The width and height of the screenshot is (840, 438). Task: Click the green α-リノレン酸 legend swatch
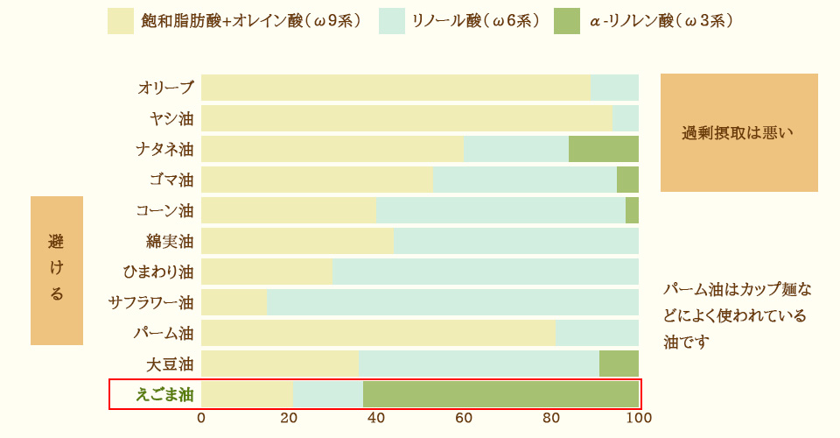tap(567, 21)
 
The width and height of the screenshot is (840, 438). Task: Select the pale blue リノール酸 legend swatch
tap(392, 21)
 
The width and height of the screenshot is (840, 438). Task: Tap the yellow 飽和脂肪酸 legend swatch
tap(121, 21)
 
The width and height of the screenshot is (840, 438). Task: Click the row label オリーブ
tap(165, 88)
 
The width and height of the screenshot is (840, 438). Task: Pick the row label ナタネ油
tap(164, 149)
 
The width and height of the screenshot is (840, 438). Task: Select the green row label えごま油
tap(164, 394)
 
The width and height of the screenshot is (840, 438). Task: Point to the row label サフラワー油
tap(151, 302)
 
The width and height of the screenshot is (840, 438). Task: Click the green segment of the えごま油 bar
tap(500, 394)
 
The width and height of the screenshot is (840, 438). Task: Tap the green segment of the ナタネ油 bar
tap(604, 149)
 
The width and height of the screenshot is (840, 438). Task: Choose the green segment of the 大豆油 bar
tap(619, 364)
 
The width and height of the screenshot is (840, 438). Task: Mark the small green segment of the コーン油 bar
tap(632, 210)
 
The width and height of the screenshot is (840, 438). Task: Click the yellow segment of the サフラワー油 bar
tap(234, 302)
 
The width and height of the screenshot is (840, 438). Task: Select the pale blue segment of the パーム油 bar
tap(597, 333)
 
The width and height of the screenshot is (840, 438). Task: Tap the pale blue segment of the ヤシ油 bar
tap(626, 118)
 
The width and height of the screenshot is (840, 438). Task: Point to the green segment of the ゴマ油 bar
tap(627, 180)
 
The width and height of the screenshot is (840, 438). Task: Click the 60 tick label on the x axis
tap(464, 418)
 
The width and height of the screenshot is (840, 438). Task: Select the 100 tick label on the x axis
tap(639, 418)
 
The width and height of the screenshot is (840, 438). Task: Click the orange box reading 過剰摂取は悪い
tap(739, 132)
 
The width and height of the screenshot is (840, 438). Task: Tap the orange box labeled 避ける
tap(57, 270)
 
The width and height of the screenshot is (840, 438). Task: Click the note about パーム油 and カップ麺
tap(738, 314)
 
